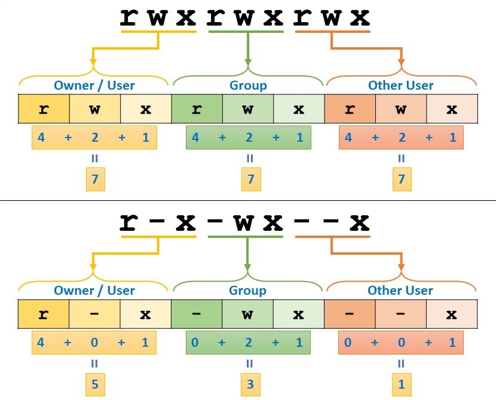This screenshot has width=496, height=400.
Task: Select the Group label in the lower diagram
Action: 248,291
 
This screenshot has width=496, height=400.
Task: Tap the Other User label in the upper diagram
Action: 401,86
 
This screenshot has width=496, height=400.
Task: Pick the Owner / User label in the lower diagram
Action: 94,291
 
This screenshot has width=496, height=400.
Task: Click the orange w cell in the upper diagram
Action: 401,109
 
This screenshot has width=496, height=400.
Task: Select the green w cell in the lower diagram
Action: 248,314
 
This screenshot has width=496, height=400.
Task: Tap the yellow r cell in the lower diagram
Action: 44,314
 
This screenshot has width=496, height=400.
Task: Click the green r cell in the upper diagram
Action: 197,109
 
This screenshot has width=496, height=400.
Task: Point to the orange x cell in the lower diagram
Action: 452,314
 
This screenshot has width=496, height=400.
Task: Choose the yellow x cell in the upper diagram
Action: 146,109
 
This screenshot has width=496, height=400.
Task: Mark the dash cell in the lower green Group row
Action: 197,314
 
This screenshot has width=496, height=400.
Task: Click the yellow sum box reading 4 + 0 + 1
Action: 94,343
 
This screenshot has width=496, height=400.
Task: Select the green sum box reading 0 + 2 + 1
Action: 248,343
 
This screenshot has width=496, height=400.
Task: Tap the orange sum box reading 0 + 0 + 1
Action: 401,343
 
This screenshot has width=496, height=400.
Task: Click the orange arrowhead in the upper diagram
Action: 401,62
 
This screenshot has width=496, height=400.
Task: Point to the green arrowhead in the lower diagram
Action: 248,267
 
